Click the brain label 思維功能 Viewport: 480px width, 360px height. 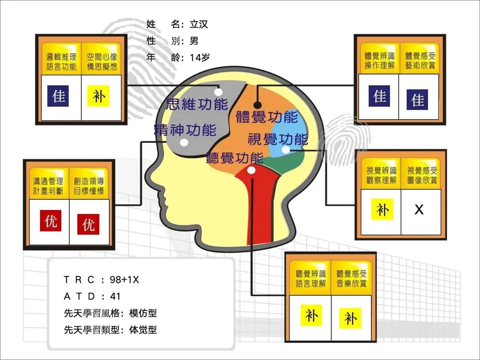point(197,104)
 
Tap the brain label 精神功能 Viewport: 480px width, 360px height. point(185,130)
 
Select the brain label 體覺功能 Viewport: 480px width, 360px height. point(267,117)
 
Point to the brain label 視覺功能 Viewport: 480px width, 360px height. point(278,139)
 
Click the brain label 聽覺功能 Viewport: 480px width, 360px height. point(235,158)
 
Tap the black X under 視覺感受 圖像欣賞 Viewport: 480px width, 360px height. point(419,210)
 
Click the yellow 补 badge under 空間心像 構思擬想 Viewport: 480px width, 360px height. point(98,96)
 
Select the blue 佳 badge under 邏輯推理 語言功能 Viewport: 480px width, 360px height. point(58,96)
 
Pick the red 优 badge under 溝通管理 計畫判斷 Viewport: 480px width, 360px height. point(50,220)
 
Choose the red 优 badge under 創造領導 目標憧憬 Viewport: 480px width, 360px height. point(88,224)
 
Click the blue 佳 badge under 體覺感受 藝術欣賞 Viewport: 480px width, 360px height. point(417,100)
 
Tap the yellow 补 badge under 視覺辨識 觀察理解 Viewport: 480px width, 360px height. point(382,209)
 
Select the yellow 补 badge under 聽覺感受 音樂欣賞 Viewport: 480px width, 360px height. point(350,318)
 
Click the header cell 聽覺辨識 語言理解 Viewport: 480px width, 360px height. point(310,278)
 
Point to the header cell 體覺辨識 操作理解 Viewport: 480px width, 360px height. point(380,60)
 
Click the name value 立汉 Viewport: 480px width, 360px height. point(198,24)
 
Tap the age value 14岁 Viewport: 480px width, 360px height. point(200,58)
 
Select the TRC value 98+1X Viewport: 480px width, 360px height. point(124,280)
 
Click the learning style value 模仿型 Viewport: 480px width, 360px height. point(143,313)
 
